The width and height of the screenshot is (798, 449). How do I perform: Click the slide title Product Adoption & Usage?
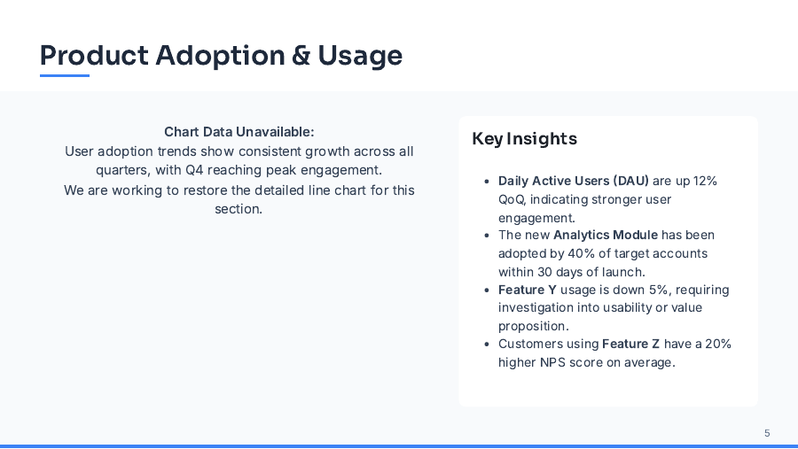[221, 55]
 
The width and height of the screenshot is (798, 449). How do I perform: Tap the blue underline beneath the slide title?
[65, 76]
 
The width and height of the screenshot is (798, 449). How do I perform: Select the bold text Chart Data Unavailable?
[239, 131]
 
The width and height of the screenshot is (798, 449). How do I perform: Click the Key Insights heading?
[524, 139]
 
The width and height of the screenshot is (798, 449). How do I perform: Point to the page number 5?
[767, 433]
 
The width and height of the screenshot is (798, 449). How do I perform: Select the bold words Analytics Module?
[606, 235]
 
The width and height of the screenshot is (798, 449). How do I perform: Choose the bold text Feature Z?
[631, 344]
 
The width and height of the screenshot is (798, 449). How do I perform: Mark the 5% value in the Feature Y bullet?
[659, 290]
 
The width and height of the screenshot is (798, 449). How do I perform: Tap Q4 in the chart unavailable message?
[194, 170]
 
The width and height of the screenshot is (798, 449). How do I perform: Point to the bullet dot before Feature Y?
[487, 290]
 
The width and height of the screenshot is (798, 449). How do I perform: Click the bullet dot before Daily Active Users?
[487, 182]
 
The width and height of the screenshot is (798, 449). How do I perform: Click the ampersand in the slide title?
[301, 56]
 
